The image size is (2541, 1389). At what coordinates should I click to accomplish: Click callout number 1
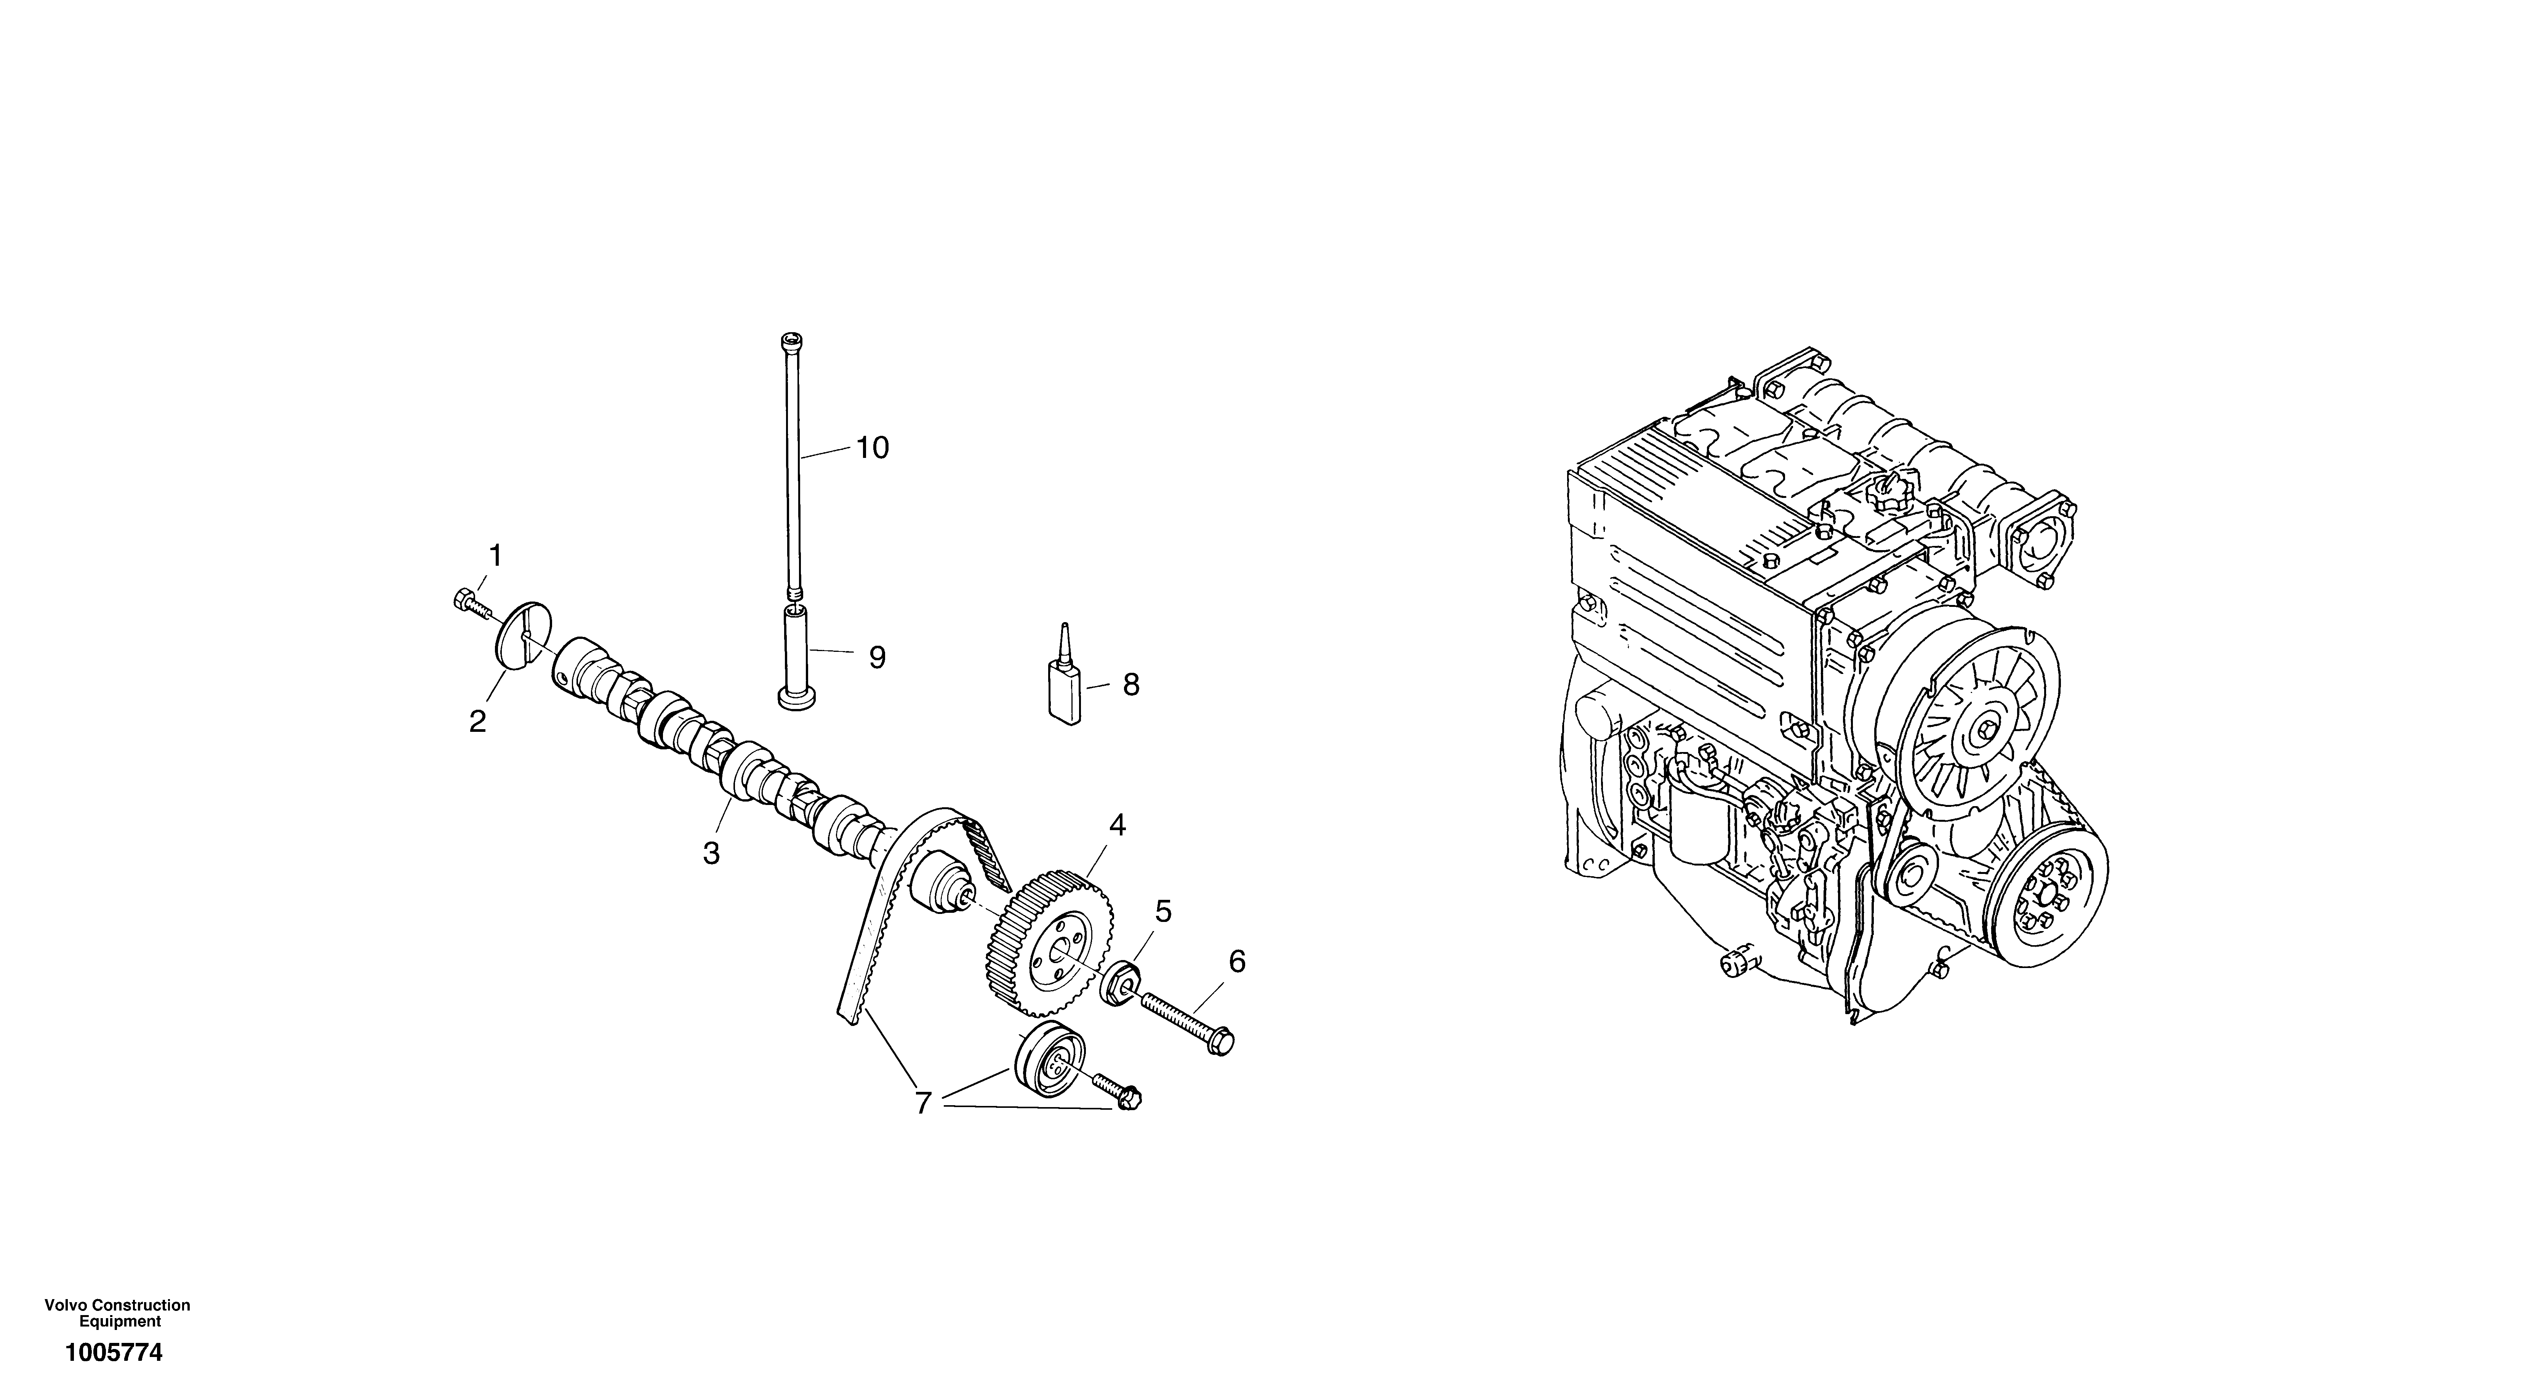click(x=495, y=556)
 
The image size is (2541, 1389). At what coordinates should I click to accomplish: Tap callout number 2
click(x=477, y=722)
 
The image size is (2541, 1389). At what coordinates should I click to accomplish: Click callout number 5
click(x=1164, y=912)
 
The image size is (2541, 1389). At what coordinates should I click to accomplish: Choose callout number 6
click(x=1237, y=961)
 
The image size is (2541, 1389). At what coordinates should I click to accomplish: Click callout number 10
click(x=872, y=448)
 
